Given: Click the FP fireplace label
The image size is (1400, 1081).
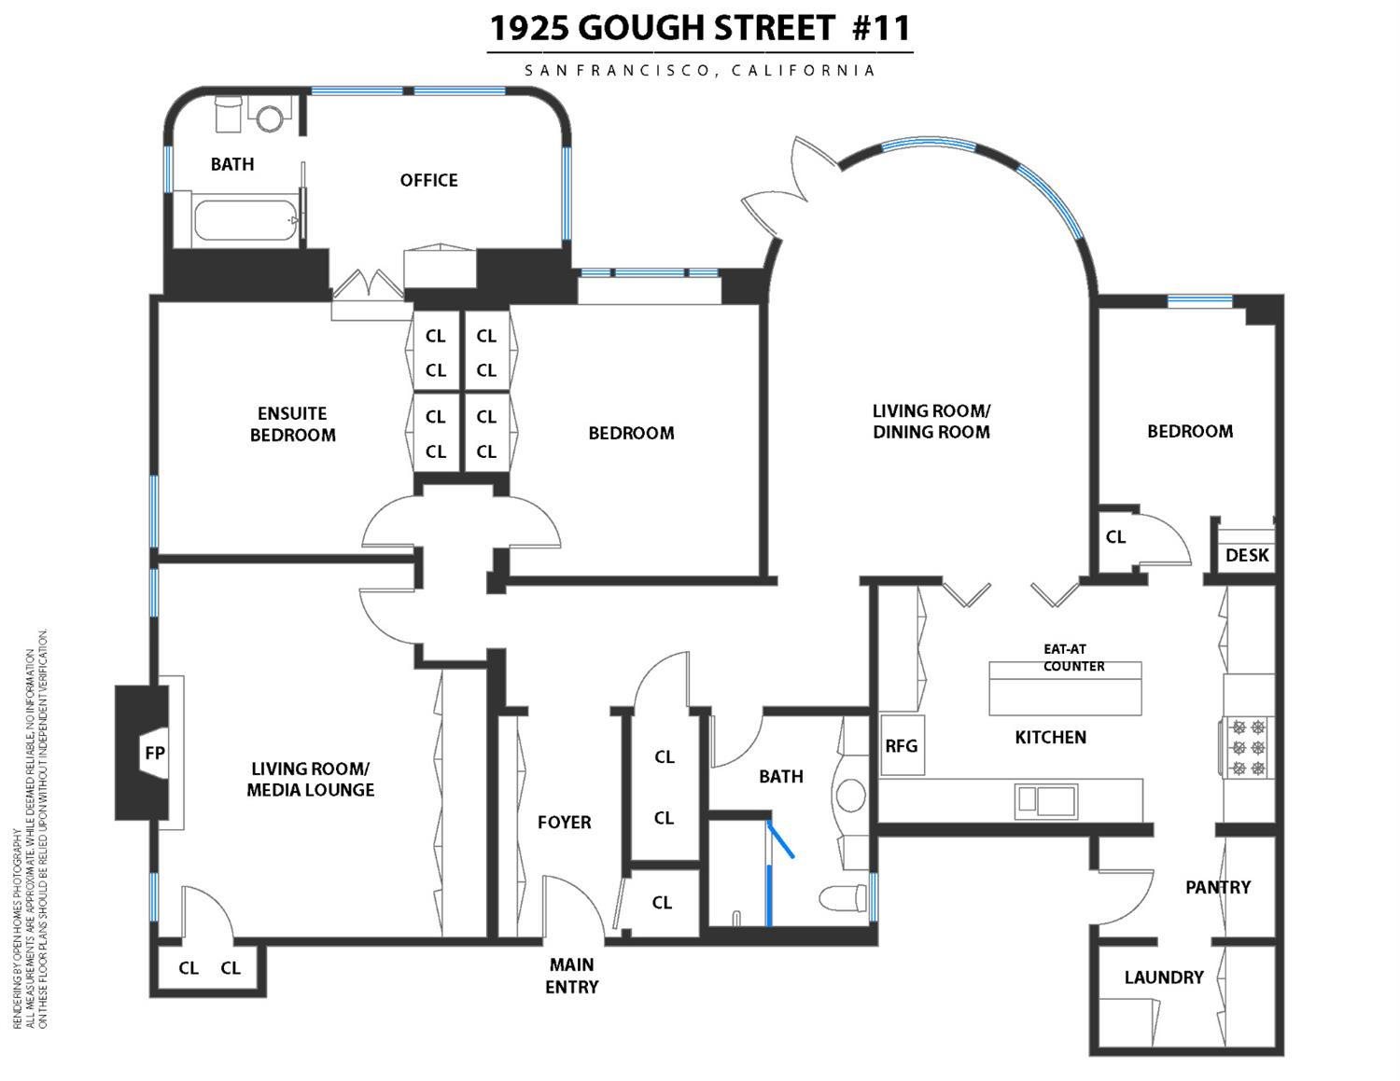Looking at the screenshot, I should click(x=154, y=752).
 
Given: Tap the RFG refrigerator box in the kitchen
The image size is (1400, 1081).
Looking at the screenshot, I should click(x=902, y=745).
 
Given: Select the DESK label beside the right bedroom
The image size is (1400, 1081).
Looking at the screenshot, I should click(x=1247, y=555).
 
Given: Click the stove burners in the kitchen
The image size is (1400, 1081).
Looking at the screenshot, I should click(x=1249, y=747).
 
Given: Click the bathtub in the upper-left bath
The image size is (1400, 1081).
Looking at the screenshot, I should click(x=245, y=221).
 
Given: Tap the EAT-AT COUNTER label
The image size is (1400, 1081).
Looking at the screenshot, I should click(x=1073, y=658).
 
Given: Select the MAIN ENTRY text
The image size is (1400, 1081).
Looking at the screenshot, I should click(x=572, y=976).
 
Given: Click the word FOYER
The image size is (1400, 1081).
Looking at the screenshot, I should click(x=564, y=822).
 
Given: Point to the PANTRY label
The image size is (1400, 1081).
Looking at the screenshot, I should click(x=1217, y=887).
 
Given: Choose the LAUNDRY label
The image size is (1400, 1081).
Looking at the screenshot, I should click(x=1164, y=977).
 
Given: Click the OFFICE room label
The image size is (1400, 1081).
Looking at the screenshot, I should click(x=428, y=180).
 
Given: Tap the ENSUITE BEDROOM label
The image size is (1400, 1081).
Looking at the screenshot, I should click(x=292, y=423).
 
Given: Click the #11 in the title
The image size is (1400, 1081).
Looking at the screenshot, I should click(x=880, y=28).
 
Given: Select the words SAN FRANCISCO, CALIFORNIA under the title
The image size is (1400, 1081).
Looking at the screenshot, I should click(x=699, y=70).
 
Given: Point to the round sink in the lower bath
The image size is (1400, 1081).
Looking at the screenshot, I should click(x=850, y=796).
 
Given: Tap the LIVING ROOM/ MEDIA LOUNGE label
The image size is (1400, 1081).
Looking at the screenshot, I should click(x=311, y=779).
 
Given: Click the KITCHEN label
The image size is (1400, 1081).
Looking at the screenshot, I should click(x=1050, y=737).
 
